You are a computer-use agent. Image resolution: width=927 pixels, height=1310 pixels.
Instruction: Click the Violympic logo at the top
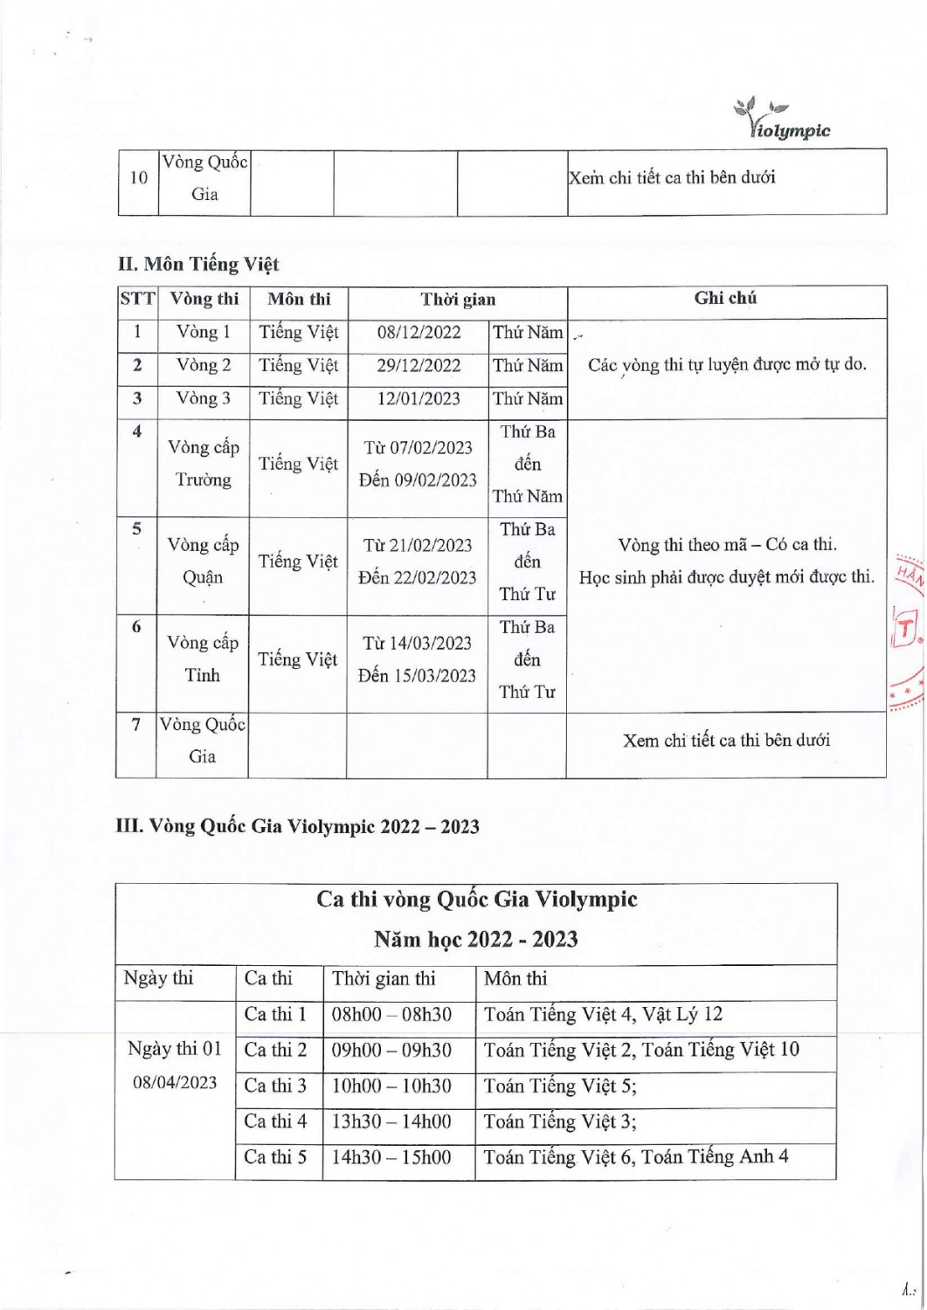tap(783, 121)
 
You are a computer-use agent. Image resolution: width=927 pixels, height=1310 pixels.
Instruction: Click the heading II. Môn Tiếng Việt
tap(198, 264)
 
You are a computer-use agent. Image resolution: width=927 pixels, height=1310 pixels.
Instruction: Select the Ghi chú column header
tap(725, 299)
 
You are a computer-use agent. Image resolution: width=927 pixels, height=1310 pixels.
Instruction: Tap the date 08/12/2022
tap(419, 333)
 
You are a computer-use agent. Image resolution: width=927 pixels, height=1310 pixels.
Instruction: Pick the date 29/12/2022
tap(419, 366)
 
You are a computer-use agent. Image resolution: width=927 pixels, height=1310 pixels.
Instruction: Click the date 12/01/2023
tap(419, 399)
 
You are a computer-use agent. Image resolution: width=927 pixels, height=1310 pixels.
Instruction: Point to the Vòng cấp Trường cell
tap(203, 464)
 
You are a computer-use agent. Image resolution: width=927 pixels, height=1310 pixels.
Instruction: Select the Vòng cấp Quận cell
tap(203, 562)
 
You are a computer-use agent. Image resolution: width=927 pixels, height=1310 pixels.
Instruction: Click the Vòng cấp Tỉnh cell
tap(203, 659)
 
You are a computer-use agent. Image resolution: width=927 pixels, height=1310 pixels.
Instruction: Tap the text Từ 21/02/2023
tap(418, 546)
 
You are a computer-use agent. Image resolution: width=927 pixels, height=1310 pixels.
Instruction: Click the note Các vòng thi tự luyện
tap(727, 365)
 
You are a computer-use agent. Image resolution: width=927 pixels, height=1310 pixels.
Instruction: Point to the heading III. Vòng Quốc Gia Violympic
tap(297, 826)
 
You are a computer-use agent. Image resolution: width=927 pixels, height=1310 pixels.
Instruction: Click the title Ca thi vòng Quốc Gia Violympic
tap(476, 900)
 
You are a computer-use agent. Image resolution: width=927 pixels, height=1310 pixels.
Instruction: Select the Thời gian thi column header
tap(383, 979)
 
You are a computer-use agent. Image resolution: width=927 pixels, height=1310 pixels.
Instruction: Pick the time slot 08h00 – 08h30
tap(391, 1015)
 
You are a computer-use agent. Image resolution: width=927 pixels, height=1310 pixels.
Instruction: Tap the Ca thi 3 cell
tap(275, 1086)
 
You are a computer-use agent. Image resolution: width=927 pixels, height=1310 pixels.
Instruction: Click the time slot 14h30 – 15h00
tap(391, 1158)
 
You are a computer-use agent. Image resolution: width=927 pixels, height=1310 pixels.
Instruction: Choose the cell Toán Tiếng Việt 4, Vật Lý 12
tap(603, 1015)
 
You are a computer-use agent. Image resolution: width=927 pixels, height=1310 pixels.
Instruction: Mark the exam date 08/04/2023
tap(175, 1083)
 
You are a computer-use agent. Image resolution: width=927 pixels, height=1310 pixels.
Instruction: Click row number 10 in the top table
tap(138, 178)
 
